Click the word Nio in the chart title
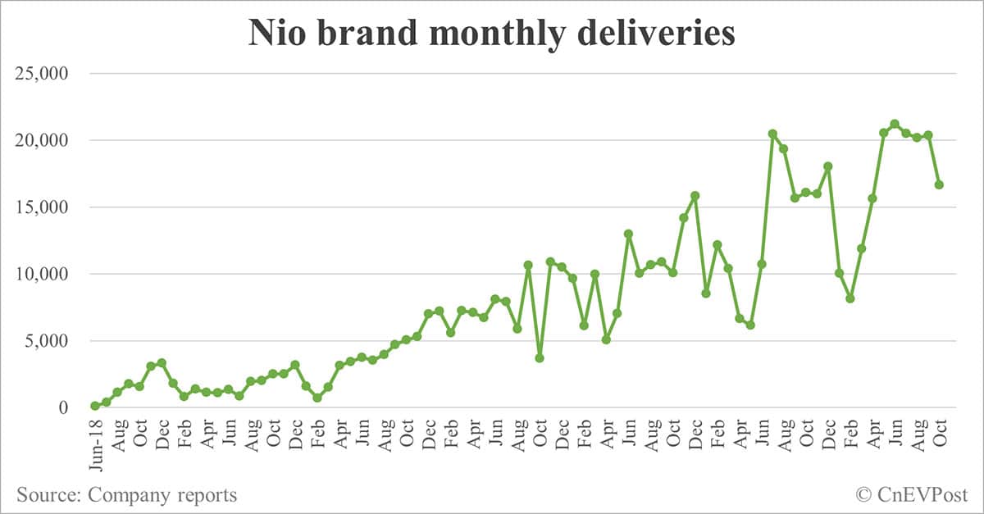coord(280,34)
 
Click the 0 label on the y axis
coord(71,407)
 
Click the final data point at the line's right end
coord(939,184)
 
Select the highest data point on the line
coord(895,125)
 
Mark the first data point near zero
coord(95,406)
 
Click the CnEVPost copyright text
coord(920,494)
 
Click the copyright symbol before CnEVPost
coord(863,494)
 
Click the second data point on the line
coord(106,402)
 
